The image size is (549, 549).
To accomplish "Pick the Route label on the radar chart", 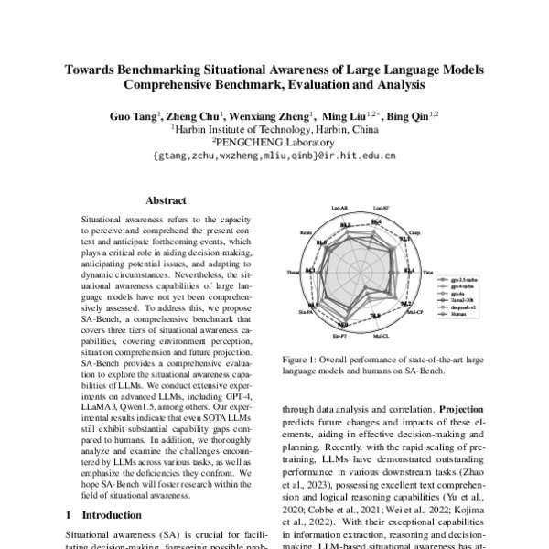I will pos(306,234).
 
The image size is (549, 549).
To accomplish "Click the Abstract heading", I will pos(166,200).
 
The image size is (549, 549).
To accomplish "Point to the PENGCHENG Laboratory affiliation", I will pos(274,143).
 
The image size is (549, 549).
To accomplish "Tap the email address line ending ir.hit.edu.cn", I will pos(274,156).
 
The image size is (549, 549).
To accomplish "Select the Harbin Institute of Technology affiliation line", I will pos(274,130).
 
